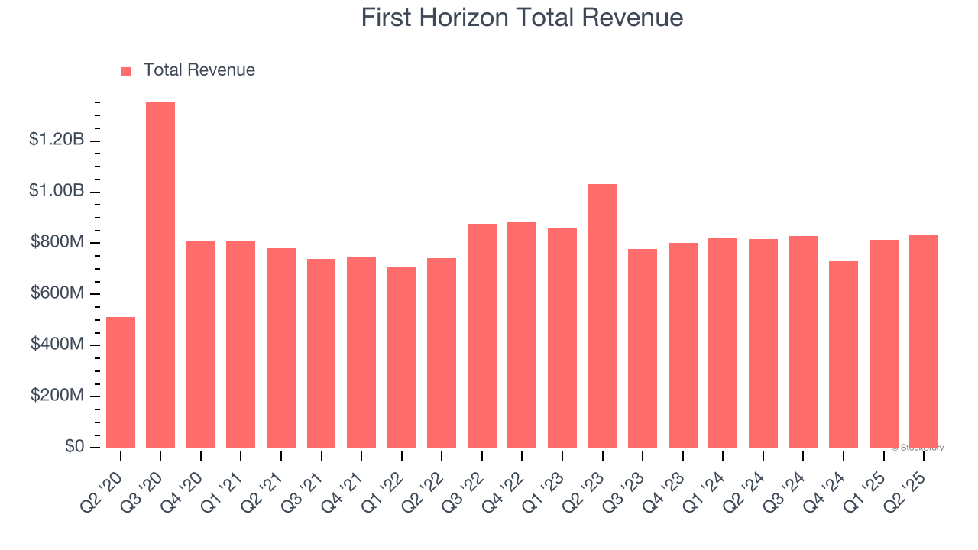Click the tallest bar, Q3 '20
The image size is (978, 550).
pyautogui.click(x=160, y=275)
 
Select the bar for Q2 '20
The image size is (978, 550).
pyautogui.click(x=121, y=382)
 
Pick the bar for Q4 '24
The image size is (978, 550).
pyautogui.click(x=844, y=354)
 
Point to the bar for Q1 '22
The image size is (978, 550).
pyautogui.click(x=402, y=357)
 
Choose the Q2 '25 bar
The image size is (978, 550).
pyautogui.click(x=924, y=341)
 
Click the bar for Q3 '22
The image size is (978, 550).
pyautogui.click(x=482, y=335)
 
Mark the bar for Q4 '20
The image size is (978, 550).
pyautogui.click(x=201, y=344)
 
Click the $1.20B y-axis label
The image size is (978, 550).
pyautogui.click(x=57, y=140)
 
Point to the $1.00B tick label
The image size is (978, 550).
pyautogui.click(x=57, y=191)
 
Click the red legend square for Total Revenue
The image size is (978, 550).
pyautogui.click(x=127, y=72)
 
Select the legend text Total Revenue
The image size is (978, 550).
pyautogui.click(x=199, y=70)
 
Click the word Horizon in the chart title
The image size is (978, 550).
pyautogui.click(x=474, y=17)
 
